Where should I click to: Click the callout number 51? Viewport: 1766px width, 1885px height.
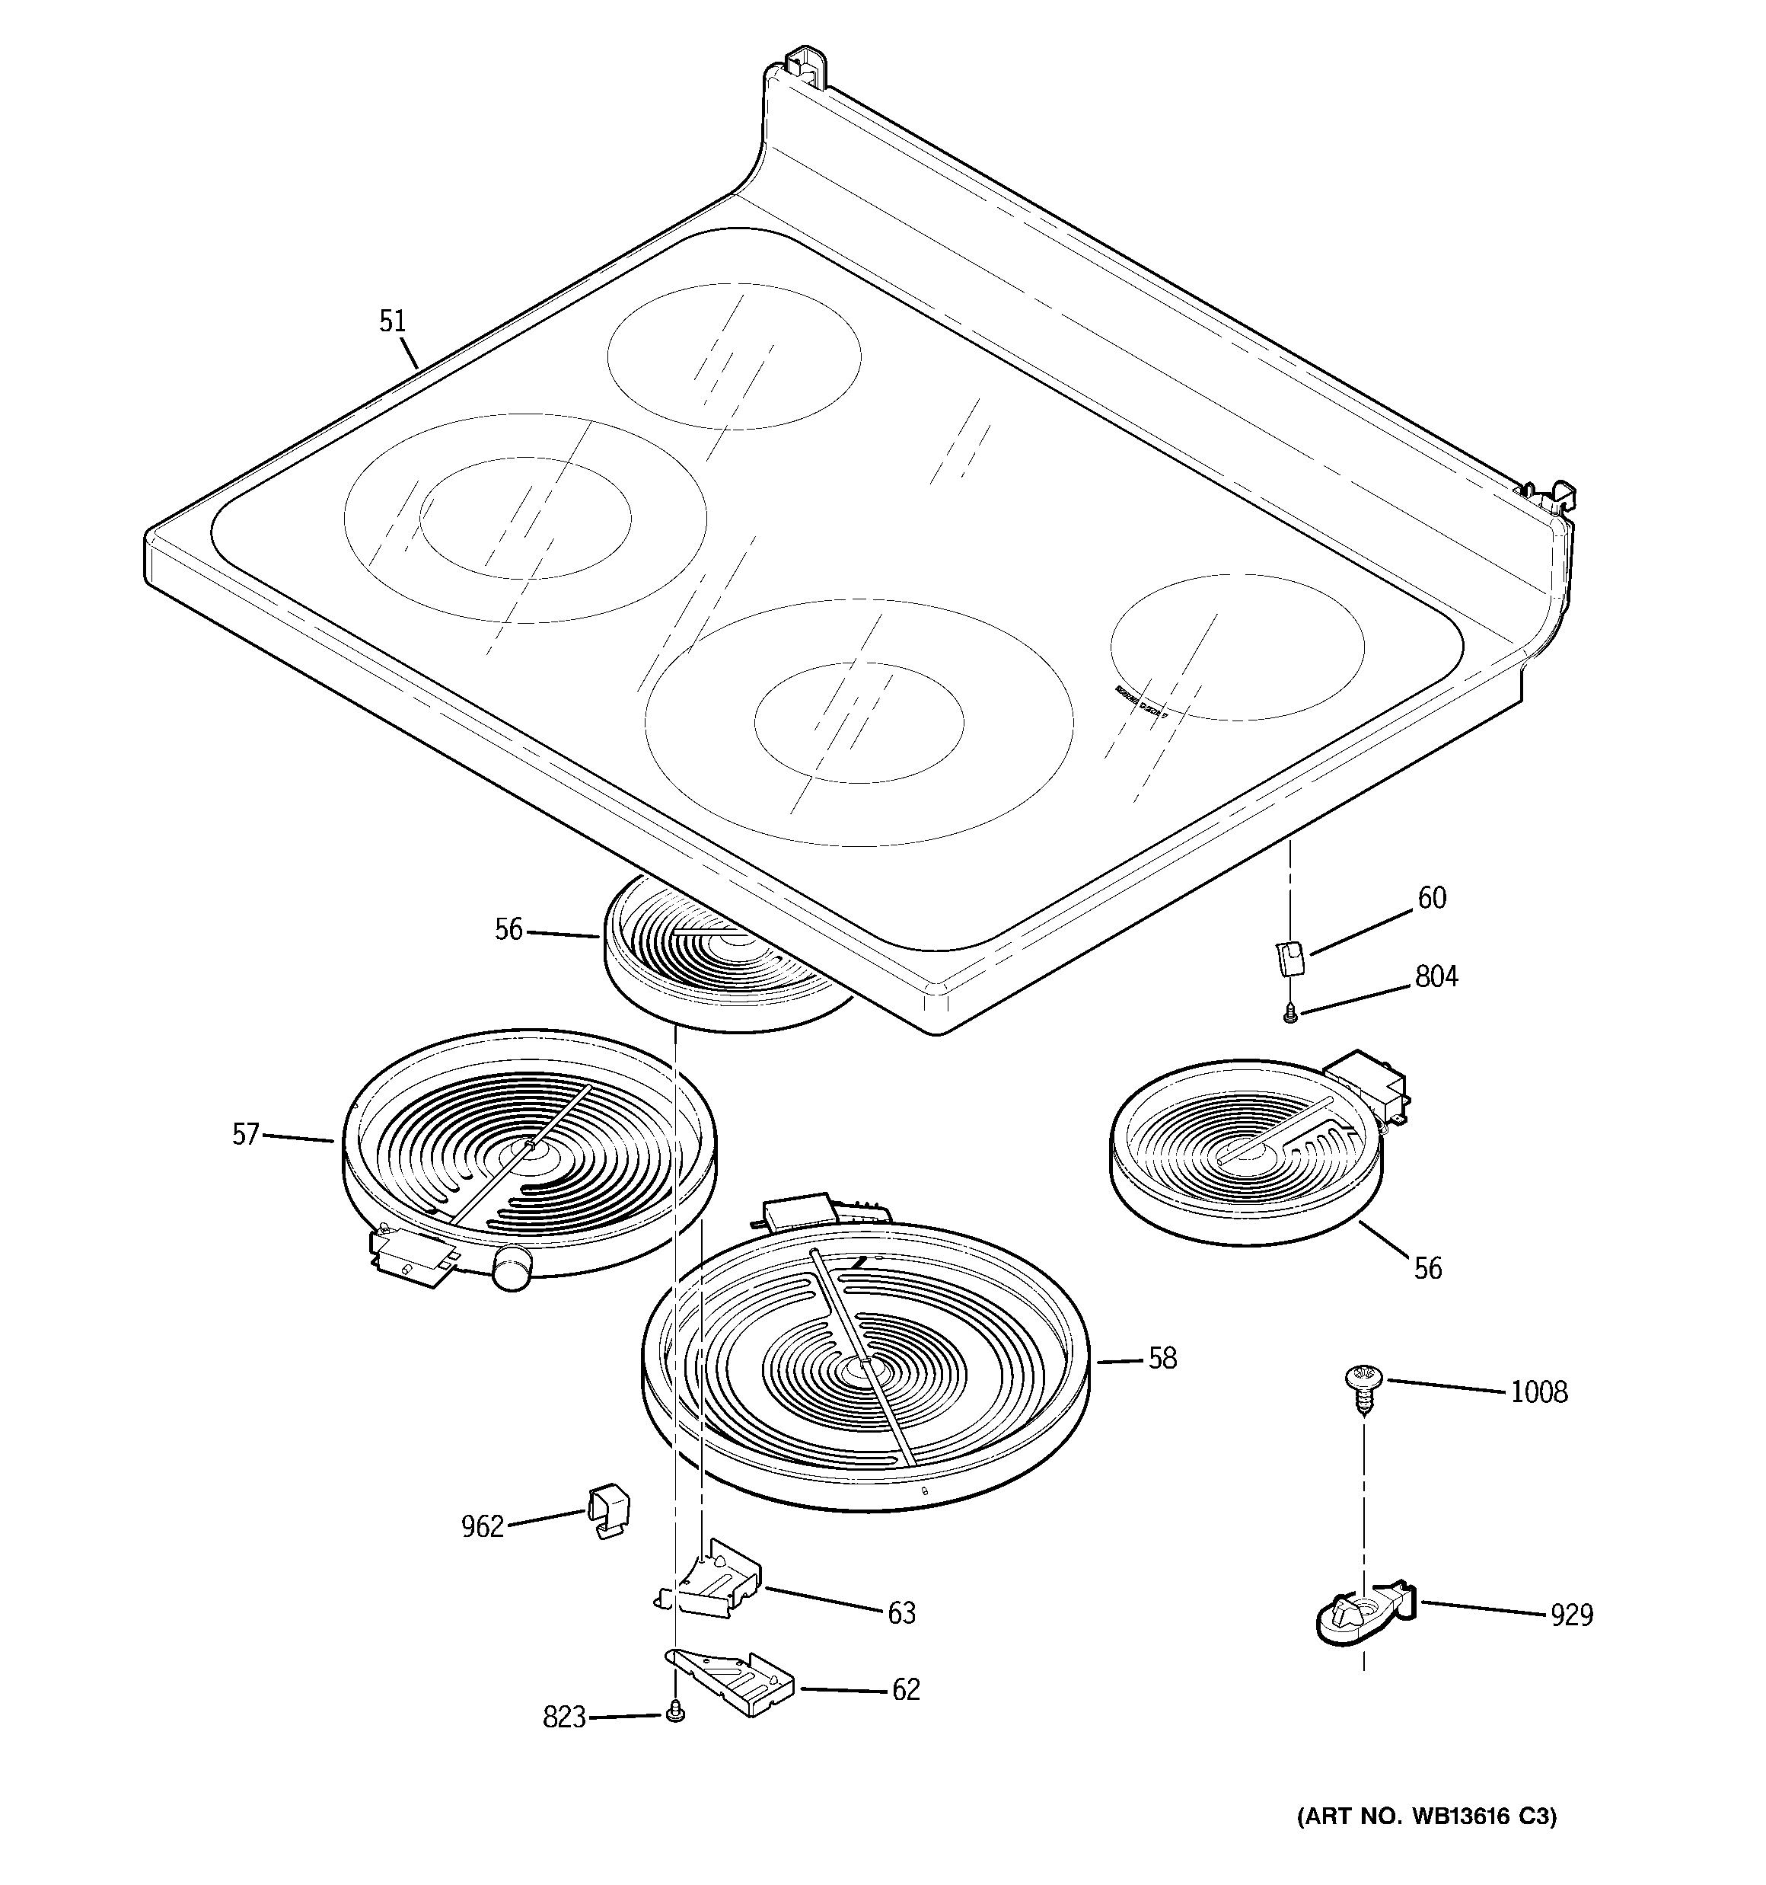tap(393, 321)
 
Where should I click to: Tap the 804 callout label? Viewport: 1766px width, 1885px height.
tap(1436, 976)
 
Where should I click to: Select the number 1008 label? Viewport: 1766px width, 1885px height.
tap(1538, 1392)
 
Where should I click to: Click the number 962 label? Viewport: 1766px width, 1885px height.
tap(482, 1526)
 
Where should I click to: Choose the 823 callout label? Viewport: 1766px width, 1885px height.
tap(564, 1717)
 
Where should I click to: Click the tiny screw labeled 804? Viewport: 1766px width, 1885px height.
tap(1289, 1014)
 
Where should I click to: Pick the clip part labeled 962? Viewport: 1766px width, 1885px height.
tap(607, 1510)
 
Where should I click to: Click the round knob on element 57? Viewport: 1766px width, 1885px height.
tap(511, 1268)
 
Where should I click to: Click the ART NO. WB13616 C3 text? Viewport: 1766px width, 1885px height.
tap(1426, 1816)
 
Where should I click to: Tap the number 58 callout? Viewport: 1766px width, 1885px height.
tap(1162, 1359)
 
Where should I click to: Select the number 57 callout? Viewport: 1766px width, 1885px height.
tap(246, 1134)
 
